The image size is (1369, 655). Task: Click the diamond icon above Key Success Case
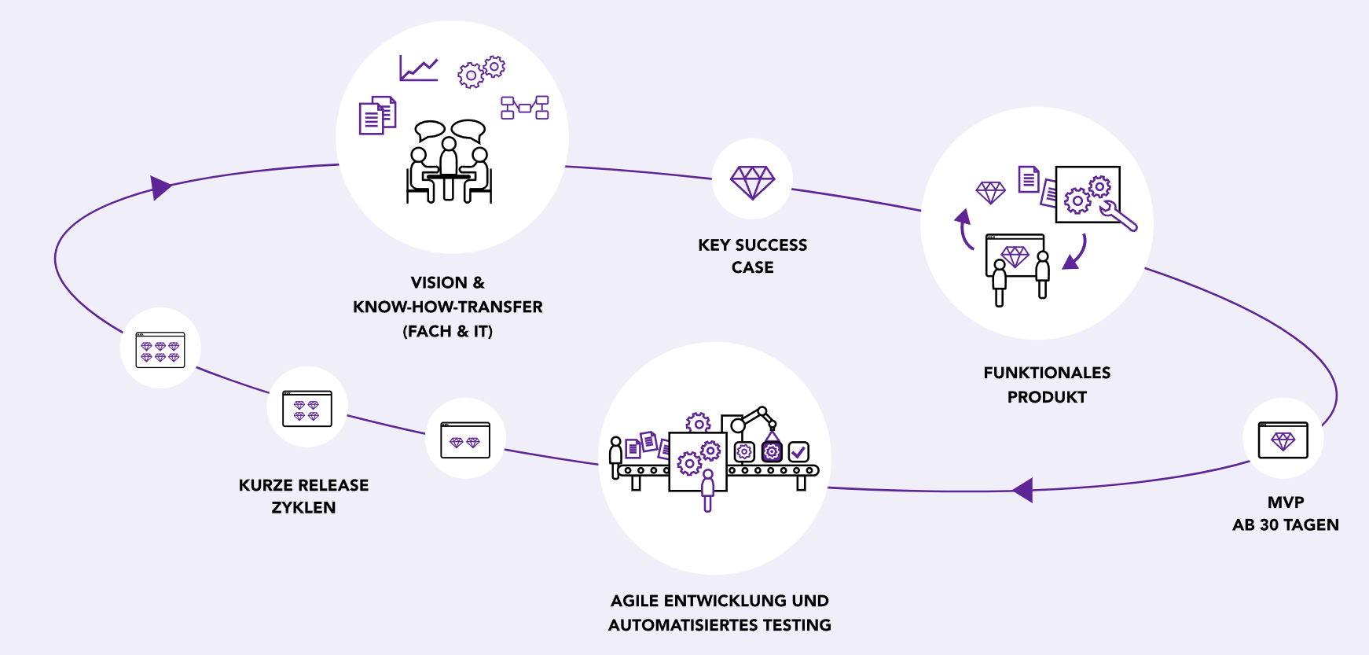pos(752,182)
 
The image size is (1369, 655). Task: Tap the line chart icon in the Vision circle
pos(418,68)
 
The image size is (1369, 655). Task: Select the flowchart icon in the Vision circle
pos(525,108)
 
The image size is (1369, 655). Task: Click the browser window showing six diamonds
pos(160,350)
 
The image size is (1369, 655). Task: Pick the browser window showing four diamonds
pos(306,408)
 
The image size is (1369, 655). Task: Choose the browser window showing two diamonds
pos(465,440)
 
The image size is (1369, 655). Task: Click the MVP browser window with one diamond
pos(1283,440)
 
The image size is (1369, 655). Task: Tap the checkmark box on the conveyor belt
pos(798,451)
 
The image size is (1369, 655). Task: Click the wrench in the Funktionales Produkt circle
pos(1120,215)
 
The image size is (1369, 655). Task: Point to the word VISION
pos(439,282)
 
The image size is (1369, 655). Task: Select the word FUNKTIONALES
pos(1047,373)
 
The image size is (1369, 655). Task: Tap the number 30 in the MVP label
pos(1270,525)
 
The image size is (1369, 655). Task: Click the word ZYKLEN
pos(303,508)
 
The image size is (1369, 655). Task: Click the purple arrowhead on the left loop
pos(160,187)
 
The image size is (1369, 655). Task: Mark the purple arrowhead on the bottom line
pos(1022,490)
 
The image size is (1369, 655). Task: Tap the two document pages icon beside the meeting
pos(377,116)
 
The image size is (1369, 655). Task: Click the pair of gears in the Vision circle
pos(481,71)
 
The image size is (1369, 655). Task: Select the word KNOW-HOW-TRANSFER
pos(447,307)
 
